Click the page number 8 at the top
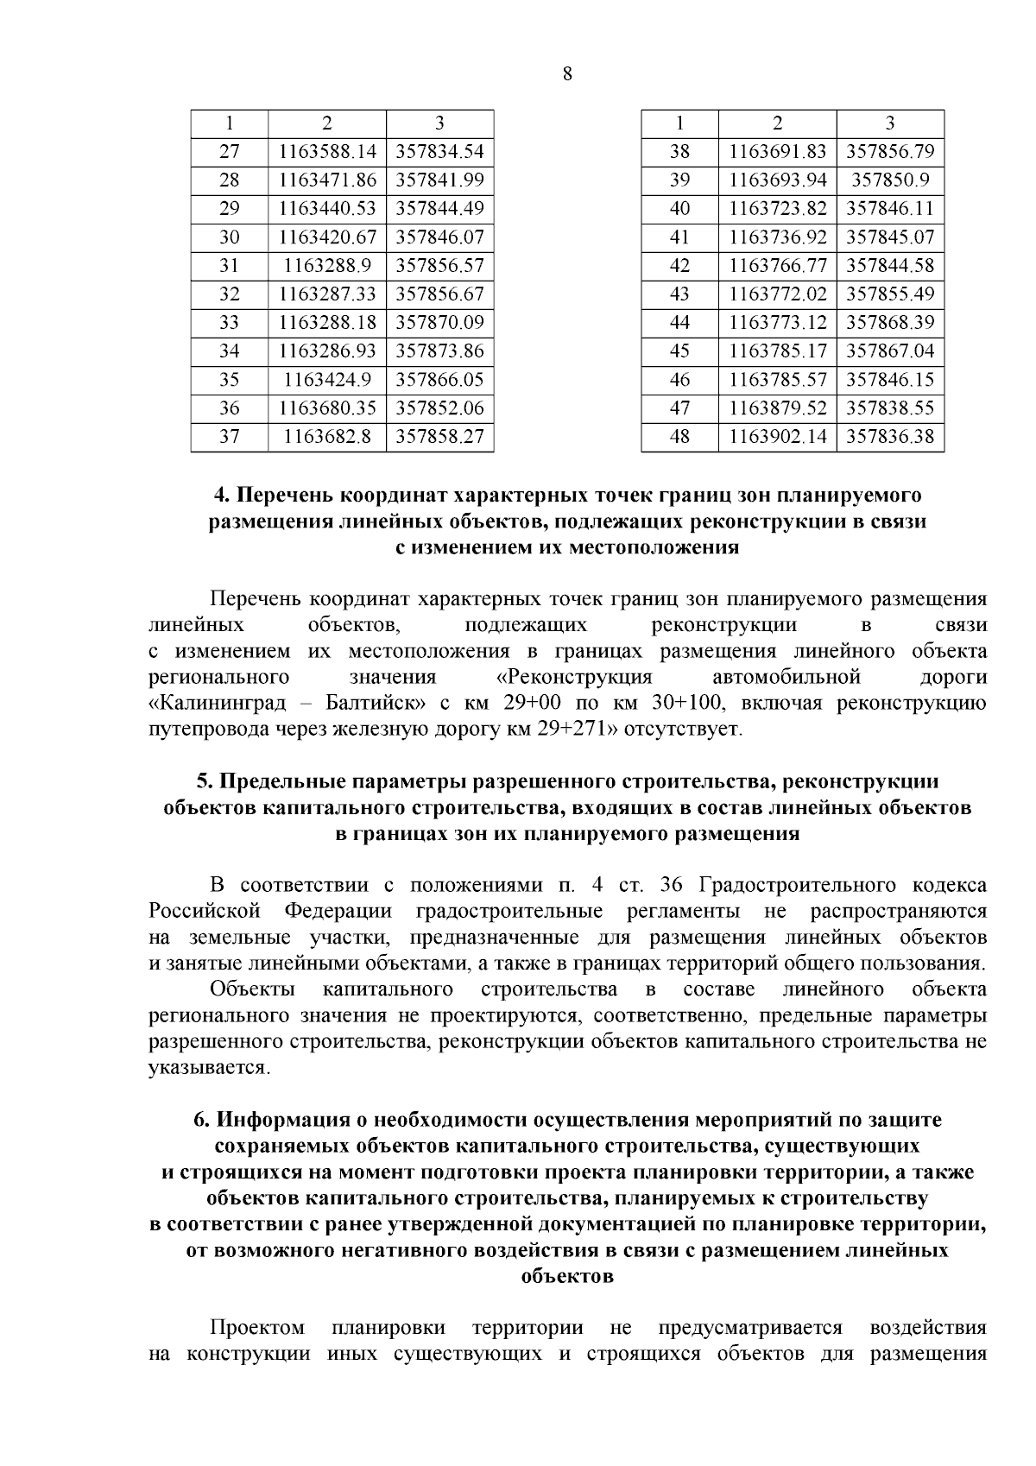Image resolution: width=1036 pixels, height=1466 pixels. point(567,74)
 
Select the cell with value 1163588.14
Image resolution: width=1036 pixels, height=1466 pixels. point(327,152)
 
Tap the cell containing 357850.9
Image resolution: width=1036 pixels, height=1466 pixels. point(890,180)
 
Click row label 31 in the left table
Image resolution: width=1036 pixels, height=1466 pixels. point(229,266)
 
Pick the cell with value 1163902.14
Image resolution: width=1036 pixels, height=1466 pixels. point(777,437)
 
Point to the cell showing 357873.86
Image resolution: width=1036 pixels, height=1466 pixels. point(439,351)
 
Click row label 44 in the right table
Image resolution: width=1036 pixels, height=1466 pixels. point(679,323)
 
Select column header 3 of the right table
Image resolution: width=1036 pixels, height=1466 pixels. point(890,123)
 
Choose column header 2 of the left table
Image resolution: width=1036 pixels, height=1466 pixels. point(327,123)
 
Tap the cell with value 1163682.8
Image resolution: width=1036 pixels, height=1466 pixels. point(327,437)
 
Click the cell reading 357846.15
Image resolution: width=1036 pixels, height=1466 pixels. point(890,380)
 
